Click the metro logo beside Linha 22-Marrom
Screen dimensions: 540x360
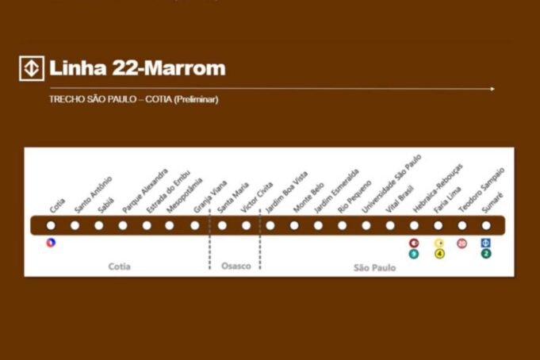tap(32, 69)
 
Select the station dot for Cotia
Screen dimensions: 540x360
tap(52, 225)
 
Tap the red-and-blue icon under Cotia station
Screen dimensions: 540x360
tap(52, 243)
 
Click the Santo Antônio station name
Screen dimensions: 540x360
tap(93, 194)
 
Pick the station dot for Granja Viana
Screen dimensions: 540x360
tap(195, 225)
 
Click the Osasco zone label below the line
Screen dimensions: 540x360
tap(235, 266)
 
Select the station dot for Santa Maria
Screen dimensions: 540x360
tap(222, 225)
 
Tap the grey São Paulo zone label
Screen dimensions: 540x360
tap(374, 267)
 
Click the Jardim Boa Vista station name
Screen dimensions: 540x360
tap(286, 191)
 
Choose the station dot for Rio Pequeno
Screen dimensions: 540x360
tap(343, 225)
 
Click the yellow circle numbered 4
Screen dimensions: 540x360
tap(439, 254)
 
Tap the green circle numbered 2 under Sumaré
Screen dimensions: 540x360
tap(486, 254)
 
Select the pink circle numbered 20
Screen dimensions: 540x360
tap(462, 243)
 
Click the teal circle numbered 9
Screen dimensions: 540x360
tap(413, 254)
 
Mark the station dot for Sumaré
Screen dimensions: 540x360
tap(486, 225)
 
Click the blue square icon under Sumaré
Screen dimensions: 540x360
tap(486, 243)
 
